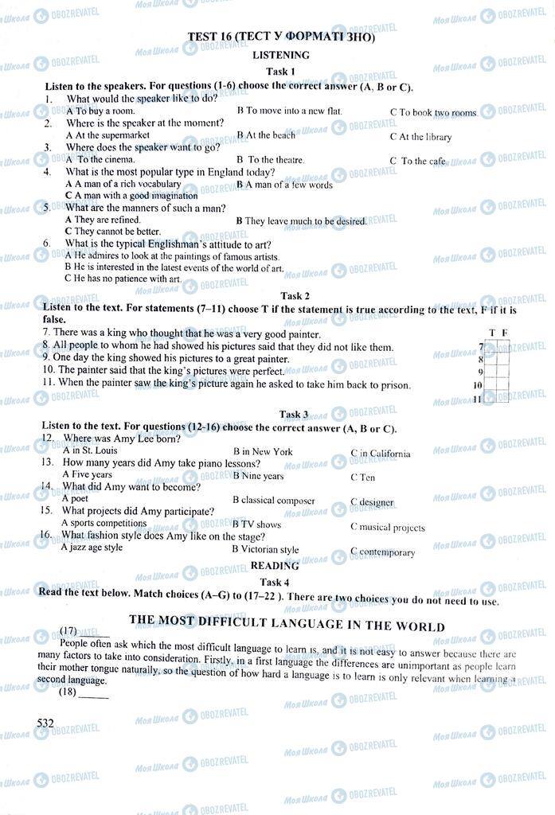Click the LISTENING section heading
280,55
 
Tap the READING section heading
275,566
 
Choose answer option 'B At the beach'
265,135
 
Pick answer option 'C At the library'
420,137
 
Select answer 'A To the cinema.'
100,160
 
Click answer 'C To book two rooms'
432,113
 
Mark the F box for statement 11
503,398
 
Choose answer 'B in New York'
262,451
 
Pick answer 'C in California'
381,454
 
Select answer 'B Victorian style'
265,549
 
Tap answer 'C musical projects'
387,527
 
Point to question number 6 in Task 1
47,243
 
